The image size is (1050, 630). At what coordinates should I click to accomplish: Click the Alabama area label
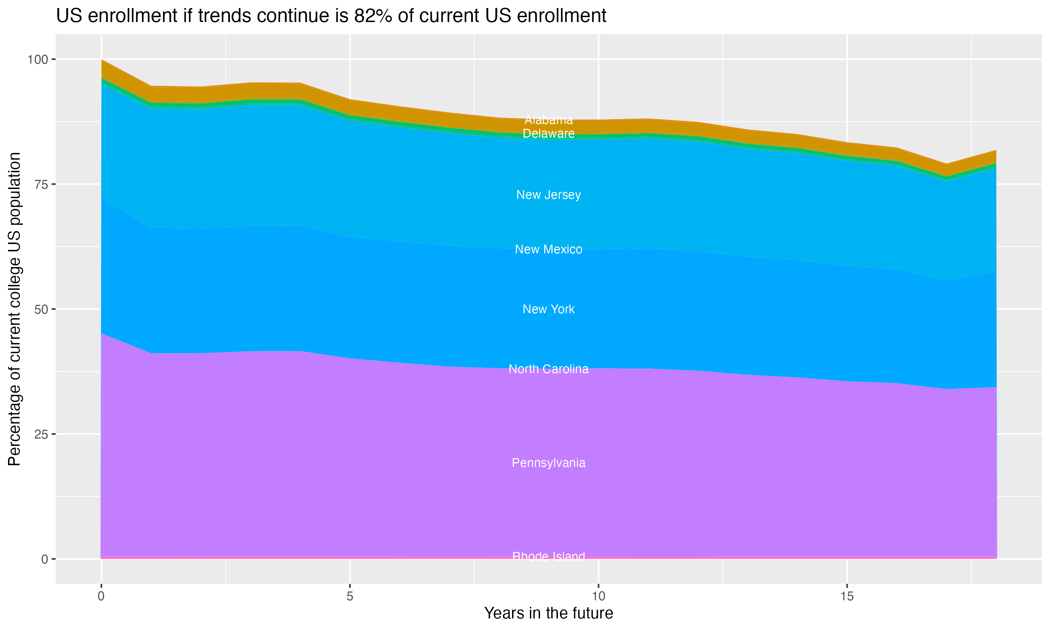click(x=548, y=120)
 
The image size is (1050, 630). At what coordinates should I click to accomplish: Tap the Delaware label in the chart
click(x=548, y=133)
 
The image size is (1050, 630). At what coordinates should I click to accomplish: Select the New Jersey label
click(x=548, y=195)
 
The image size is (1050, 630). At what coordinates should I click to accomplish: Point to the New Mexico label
click(x=548, y=249)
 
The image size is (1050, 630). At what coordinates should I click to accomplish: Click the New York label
click(x=548, y=309)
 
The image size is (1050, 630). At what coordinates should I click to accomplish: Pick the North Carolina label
click(x=548, y=369)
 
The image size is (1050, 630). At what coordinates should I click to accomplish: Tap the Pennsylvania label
click(x=548, y=463)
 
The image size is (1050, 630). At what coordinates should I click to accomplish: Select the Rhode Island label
click(x=548, y=556)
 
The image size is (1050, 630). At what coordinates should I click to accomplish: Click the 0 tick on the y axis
click(x=44, y=559)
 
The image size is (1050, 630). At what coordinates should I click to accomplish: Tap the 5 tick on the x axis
click(x=350, y=596)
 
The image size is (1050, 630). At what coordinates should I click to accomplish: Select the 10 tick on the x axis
click(x=598, y=596)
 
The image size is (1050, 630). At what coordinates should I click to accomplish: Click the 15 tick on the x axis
click(x=847, y=596)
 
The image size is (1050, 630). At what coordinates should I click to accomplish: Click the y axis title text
click(x=14, y=309)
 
